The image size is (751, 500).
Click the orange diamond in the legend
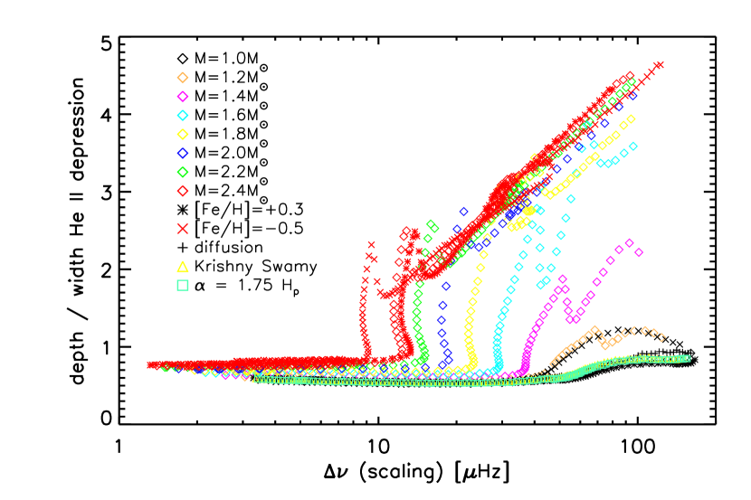pos(183,78)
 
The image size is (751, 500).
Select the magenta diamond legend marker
pos(183,97)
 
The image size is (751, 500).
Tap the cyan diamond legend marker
pos(183,116)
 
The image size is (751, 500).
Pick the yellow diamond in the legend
pos(183,135)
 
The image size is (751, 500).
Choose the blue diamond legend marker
pos(183,153)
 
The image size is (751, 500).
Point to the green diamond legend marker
pos(183,172)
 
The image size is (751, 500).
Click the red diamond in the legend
pos(183,191)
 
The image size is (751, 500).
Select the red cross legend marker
pos(183,229)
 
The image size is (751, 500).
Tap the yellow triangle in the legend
pos(183,267)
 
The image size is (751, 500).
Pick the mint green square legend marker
pos(183,286)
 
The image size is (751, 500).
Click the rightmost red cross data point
pos(660,65)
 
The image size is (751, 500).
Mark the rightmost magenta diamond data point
pos(639,252)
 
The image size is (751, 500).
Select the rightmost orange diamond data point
pos(661,337)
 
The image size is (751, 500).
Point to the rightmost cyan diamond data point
pos(633,146)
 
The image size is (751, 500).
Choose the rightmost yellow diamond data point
pos(631,119)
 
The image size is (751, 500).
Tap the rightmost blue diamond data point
pos(633,95)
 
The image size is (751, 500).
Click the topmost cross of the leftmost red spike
pos(371,245)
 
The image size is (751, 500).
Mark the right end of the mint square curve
pos(687,358)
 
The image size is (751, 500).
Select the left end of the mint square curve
pos(256,379)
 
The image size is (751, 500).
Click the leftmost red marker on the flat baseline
pos(151,364)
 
